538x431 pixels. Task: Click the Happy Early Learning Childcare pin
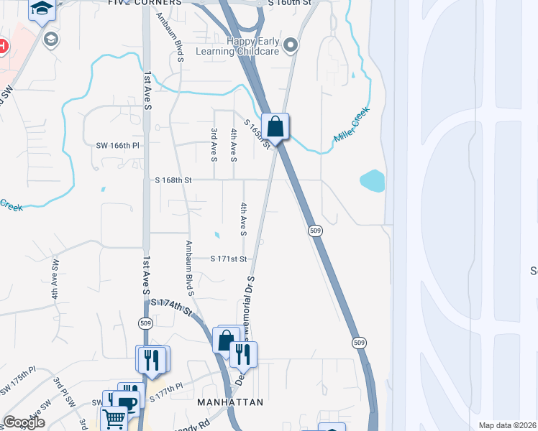(x=291, y=46)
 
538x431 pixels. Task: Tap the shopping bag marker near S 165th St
(x=275, y=127)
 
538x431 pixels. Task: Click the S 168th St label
(x=173, y=180)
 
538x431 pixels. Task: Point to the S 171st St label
(x=229, y=259)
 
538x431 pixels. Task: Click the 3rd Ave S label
(x=214, y=144)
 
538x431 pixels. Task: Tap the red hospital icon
(x=2, y=47)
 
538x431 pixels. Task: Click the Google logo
(x=24, y=422)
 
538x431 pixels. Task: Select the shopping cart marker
(x=115, y=419)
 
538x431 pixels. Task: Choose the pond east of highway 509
(x=372, y=180)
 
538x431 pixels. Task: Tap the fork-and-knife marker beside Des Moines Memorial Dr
(x=243, y=354)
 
